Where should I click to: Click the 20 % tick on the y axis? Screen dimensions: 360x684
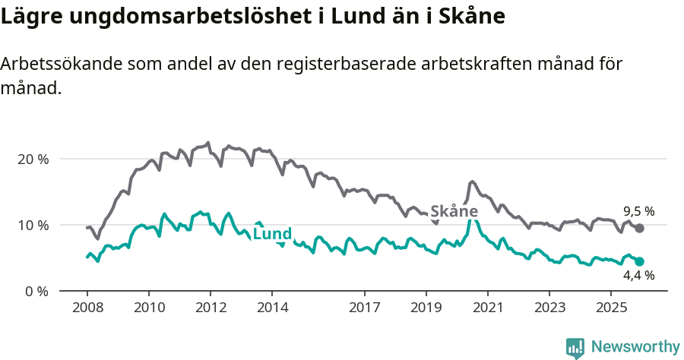(33, 159)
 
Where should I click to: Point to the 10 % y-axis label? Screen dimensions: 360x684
(33, 226)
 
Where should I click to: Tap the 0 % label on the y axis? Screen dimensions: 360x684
(36, 292)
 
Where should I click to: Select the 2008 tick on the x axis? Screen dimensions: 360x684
(87, 308)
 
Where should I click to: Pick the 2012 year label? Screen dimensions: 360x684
(211, 308)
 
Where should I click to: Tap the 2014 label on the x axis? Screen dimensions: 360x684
(272, 308)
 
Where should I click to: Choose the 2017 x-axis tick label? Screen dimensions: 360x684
(364, 308)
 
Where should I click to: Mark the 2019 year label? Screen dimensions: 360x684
(426, 308)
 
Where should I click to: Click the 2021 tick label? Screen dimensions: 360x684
(487, 308)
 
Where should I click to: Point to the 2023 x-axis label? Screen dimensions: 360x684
(549, 308)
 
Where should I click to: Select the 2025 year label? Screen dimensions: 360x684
(611, 308)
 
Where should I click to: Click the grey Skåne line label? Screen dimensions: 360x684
(454, 211)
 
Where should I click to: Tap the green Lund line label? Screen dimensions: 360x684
(272, 234)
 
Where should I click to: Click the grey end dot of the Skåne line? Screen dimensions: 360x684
(639, 228)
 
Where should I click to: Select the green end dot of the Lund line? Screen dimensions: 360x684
(639, 261)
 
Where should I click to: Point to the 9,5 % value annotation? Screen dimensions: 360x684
(638, 211)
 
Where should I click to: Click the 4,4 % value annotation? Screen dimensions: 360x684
(638, 276)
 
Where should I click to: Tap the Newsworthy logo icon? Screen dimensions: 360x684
(575, 347)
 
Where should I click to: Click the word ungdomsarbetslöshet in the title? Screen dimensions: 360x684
(188, 17)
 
